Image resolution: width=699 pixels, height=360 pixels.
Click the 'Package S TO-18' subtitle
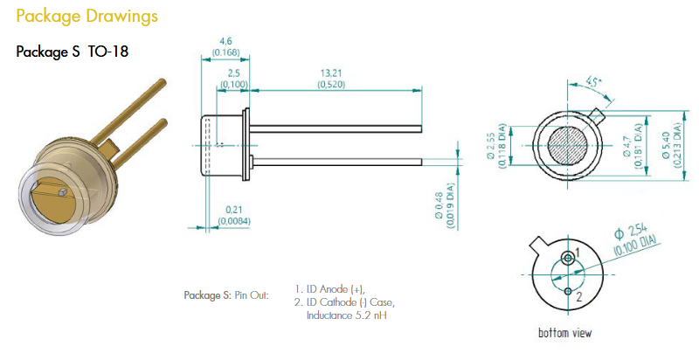(73, 52)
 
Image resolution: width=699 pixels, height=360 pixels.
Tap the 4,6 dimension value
(225, 41)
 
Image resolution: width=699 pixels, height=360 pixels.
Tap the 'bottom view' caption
(568, 332)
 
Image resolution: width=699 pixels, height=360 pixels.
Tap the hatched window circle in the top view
(566, 143)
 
